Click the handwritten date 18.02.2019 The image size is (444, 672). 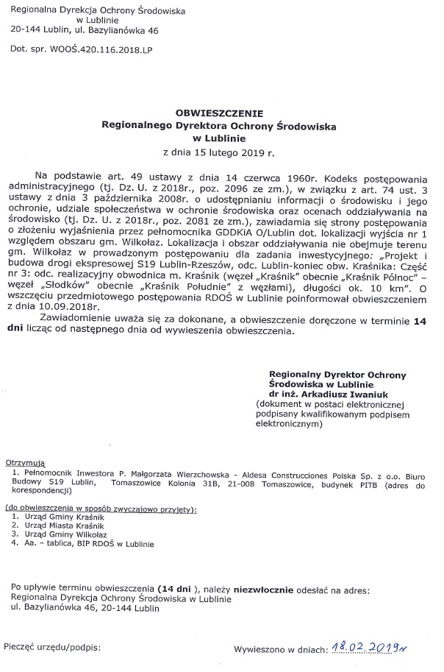[369, 647]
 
